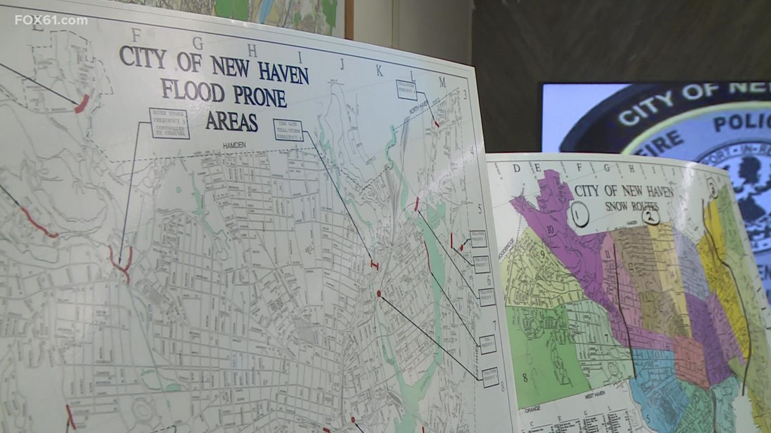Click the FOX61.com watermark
(x=51, y=20)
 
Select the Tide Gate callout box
(x=287, y=130)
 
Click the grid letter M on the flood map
(x=442, y=82)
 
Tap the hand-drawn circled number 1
(x=579, y=214)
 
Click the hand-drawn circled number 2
(x=651, y=216)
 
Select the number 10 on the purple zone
(x=551, y=230)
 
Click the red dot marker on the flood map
(x=379, y=293)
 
